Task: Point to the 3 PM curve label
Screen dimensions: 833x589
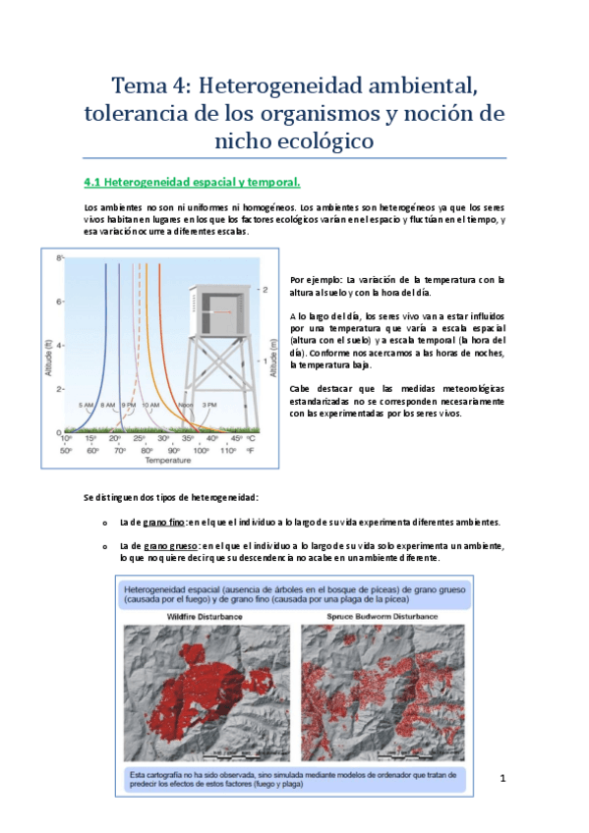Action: point(207,405)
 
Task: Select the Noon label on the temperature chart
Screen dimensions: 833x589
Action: point(186,405)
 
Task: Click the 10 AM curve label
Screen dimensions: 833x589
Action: point(149,405)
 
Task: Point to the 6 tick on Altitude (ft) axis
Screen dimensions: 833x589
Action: point(59,302)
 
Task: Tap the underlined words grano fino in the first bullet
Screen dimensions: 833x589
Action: point(163,522)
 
